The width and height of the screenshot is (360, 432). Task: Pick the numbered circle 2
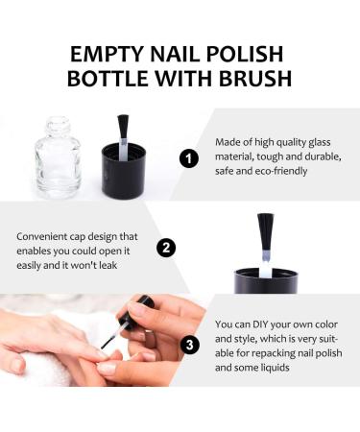167,249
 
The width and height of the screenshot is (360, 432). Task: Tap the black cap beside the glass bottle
123,174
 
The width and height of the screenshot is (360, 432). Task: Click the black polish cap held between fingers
144,312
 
